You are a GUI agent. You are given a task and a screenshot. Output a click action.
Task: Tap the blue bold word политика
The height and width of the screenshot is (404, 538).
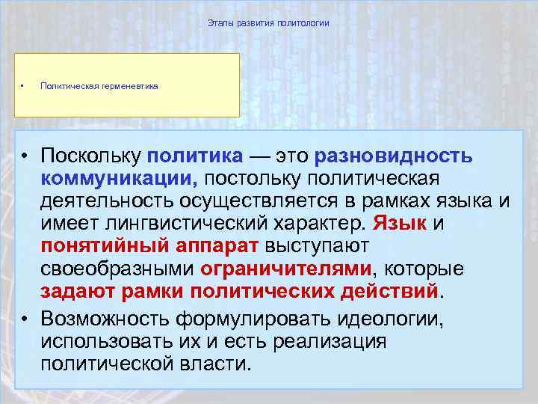[x=195, y=156]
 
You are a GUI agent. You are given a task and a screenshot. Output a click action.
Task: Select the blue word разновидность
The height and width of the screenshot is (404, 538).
[x=394, y=156]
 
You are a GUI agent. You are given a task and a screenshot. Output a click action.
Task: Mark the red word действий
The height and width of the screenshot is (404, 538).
[x=394, y=291]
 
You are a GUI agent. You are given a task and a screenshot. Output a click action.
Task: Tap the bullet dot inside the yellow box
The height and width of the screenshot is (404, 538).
[x=23, y=85]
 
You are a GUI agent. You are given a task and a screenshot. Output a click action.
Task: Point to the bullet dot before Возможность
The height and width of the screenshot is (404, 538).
[x=25, y=319]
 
